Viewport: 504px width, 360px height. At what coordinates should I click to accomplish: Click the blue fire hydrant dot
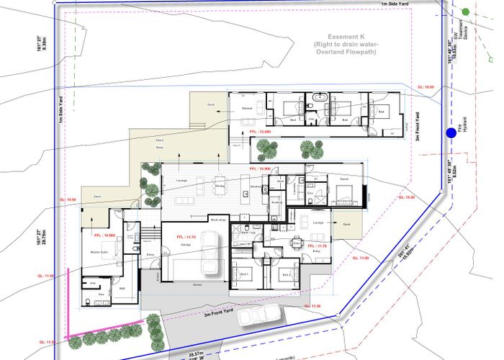pos(451,132)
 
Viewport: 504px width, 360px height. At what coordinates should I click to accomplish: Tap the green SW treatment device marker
pos(466,12)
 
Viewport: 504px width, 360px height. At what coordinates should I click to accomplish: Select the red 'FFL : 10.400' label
pos(259,132)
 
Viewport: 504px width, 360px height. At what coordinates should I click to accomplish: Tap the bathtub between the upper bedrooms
pos(320,96)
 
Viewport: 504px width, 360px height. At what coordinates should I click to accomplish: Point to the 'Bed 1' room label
pos(244,275)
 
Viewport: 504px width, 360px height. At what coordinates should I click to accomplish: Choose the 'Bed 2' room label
pos(285,275)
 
